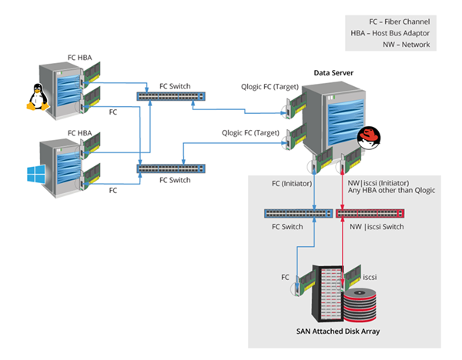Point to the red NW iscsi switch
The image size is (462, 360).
click(x=369, y=213)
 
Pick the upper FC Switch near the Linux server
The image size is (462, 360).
click(x=171, y=96)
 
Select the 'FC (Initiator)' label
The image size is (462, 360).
click(x=293, y=183)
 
